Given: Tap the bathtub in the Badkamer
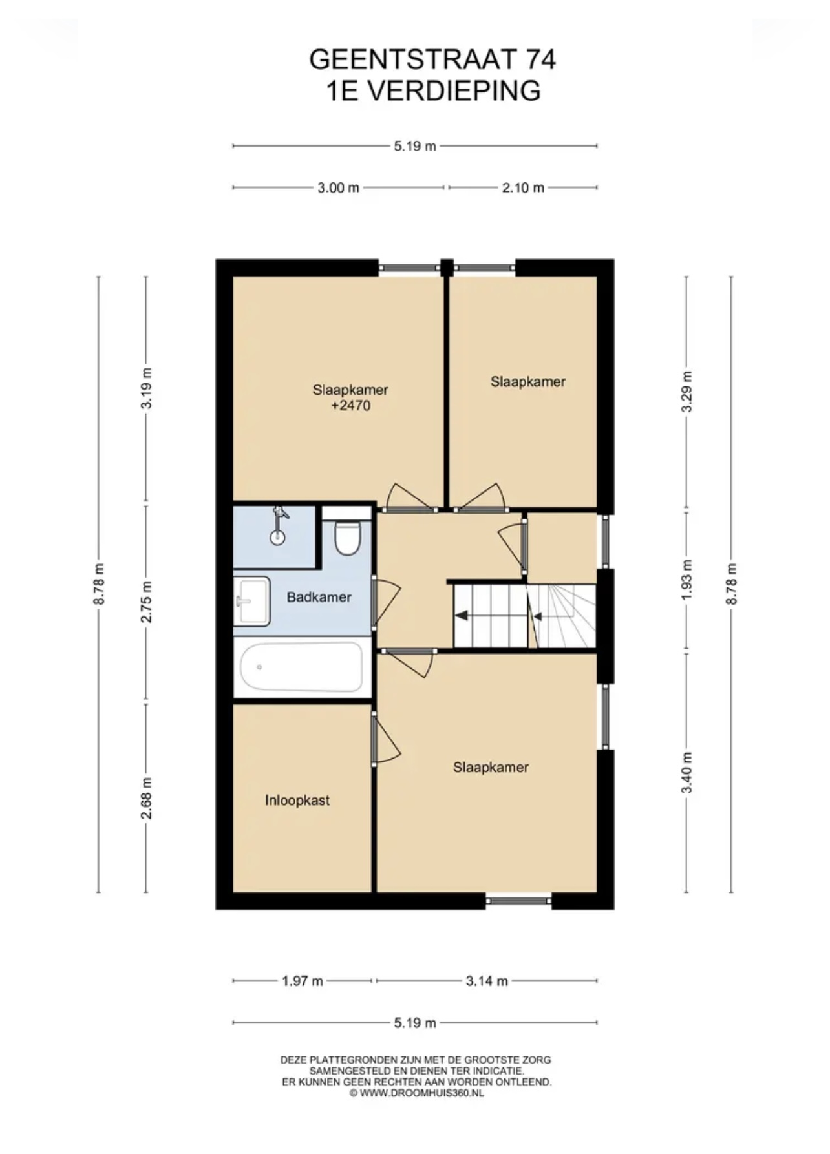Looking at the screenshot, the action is [301, 667].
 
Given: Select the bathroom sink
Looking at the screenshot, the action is [251, 601].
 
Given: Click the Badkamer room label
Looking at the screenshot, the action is [319, 597].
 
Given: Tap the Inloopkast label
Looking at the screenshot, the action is [297, 801].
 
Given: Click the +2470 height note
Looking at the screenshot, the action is [350, 406].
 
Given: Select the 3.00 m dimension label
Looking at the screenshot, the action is [338, 188].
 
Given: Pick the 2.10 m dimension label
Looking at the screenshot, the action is [523, 188].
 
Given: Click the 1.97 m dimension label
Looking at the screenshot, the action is [302, 981].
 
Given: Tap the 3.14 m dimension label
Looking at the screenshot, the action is [487, 981].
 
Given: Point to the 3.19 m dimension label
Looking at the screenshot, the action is [147, 388].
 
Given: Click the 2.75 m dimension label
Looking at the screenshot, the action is [147, 602].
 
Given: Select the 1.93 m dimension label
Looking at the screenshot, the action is [687, 580].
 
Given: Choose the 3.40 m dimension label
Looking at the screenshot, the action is [687, 773].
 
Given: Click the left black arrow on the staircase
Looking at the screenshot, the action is [462, 615].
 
